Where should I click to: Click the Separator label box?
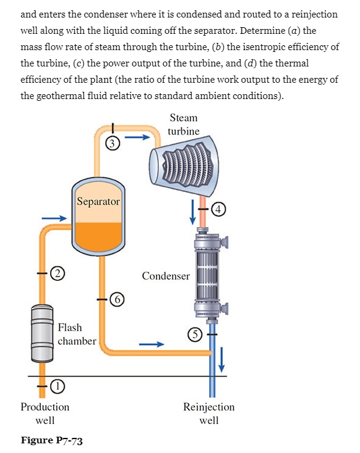click(98, 201)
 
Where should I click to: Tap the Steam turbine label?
click(184, 124)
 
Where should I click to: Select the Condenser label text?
click(166, 276)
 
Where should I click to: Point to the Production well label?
click(45, 413)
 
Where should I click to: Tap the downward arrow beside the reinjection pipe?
click(222, 360)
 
